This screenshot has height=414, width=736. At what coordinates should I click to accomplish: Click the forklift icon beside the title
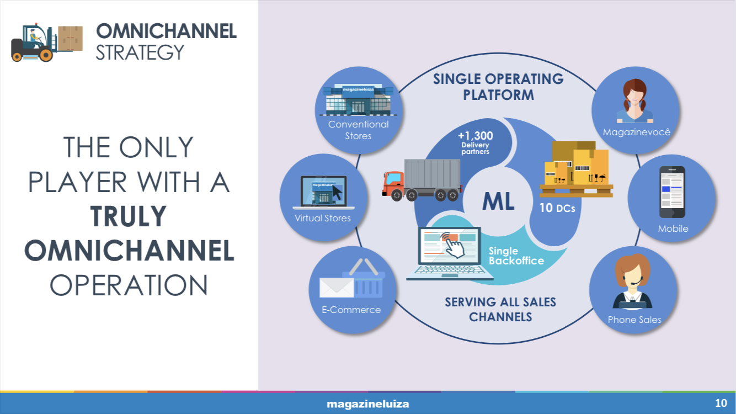47,42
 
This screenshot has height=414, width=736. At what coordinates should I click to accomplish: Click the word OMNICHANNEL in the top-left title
166,31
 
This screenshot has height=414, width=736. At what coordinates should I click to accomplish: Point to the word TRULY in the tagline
128,216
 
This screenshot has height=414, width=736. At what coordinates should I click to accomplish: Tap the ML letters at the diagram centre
498,201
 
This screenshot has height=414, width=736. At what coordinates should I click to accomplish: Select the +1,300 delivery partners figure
475,142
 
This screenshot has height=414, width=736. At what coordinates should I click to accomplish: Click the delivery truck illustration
422,180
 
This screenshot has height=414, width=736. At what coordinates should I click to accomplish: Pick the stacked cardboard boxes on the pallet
577,169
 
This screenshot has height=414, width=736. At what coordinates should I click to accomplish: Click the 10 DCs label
557,208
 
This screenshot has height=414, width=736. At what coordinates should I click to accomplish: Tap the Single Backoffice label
516,256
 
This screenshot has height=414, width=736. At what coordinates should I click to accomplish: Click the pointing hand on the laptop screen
453,245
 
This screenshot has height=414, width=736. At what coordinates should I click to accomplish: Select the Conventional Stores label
358,130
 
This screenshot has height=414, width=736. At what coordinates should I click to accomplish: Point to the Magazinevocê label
637,132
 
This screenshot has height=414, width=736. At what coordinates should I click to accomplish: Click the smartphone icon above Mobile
672,192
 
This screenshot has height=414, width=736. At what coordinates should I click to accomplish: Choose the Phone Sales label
634,320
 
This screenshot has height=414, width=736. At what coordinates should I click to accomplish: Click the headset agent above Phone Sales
632,282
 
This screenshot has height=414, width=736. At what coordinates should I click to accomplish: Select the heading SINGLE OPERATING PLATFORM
498,87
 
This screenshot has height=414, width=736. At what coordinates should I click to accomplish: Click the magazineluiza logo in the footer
367,404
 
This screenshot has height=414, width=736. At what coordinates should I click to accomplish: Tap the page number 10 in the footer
721,403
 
